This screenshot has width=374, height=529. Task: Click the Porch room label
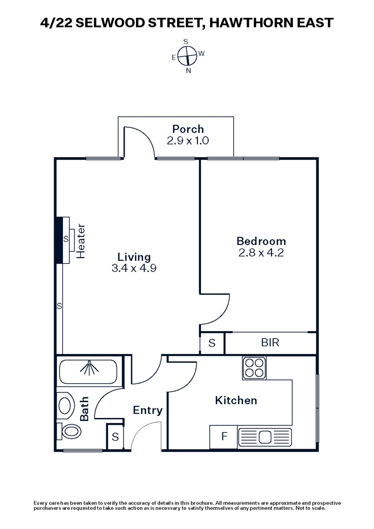[x=188, y=129]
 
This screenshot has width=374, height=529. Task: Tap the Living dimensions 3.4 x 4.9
[x=134, y=268]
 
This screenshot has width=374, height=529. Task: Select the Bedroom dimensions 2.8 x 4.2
[x=261, y=253]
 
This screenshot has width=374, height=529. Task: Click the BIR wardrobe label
[x=270, y=343]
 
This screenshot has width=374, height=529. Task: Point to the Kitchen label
[x=236, y=400]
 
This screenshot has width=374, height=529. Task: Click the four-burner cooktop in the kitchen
[x=254, y=368]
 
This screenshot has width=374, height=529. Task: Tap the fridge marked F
[x=224, y=436]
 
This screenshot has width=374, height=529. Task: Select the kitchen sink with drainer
[x=265, y=437]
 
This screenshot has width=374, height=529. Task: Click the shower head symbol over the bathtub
[x=89, y=367]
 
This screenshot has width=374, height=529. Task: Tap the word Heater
[x=81, y=241]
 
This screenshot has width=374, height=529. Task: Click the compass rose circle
[x=187, y=56]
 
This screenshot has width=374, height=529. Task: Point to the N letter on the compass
[x=188, y=71]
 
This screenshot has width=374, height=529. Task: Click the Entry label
[x=147, y=410]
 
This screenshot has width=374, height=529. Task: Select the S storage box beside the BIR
[x=212, y=343]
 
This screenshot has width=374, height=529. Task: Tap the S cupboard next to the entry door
[x=115, y=437]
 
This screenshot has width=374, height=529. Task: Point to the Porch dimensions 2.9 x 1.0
[x=188, y=141]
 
